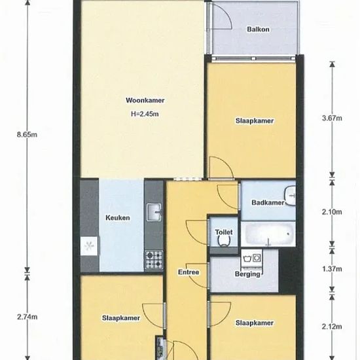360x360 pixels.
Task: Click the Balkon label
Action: pyautogui.click(x=258, y=29)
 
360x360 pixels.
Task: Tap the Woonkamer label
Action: pyautogui.click(x=145, y=100)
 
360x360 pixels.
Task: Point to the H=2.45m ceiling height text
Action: pyautogui.click(x=145, y=114)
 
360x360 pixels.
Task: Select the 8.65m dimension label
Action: pyautogui.click(x=27, y=135)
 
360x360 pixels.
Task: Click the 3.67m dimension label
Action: pyautogui.click(x=332, y=118)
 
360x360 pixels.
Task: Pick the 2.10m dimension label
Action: pyautogui.click(x=332, y=212)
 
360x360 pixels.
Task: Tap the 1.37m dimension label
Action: pyautogui.click(x=332, y=268)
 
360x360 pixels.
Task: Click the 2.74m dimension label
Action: pyautogui.click(x=27, y=317)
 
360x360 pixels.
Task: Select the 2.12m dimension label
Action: pyautogui.click(x=332, y=326)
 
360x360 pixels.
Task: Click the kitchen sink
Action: pyautogui.click(x=154, y=212)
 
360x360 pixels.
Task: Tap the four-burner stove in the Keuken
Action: pyautogui.click(x=154, y=260)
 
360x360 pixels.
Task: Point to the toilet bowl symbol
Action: pyautogui.click(x=224, y=241)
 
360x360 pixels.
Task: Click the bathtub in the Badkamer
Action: pyautogui.click(x=268, y=234)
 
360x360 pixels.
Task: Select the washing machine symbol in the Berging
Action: pyautogui.click(x=252, y=259)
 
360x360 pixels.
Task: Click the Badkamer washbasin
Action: pyautogui.click(x=290, y=196)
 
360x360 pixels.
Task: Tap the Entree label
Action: pyautogui.click(x=189, y=272)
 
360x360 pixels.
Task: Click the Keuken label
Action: pyautogui.click(x=118, y=218)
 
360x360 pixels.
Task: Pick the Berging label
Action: pyautogui.click(x=247, y=274)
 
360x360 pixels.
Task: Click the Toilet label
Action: pyautogui.click(x=224, y=232)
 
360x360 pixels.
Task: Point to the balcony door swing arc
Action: pyautogui.click(x=226, y=14)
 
